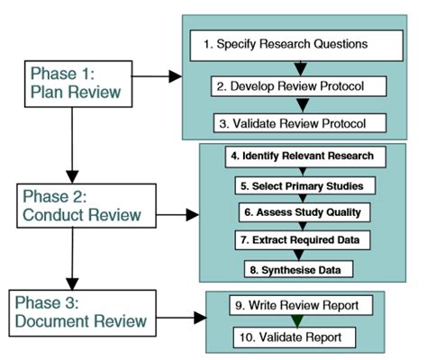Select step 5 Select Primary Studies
click(x=300, y=184)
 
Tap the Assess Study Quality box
click(x=300, y=212)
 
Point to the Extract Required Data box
click(x=300, y=240)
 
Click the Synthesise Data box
click(x=300, y=267)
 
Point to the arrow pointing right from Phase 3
click(x=185, y=318)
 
